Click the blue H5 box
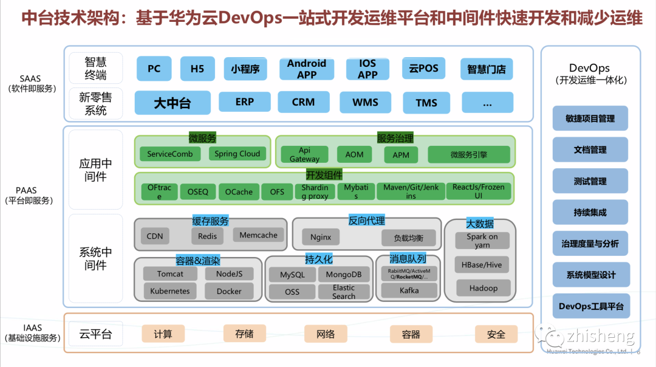(197, 69)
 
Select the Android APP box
(307, 69)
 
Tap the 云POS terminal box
(423, 69)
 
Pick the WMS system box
(365, 102)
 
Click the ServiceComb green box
(170, 154)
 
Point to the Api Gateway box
(304, 154)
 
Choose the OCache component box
(239, 192)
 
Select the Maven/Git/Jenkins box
(411, 192)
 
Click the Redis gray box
(207, 236)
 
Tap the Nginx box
(321, 237)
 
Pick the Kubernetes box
(170, 291)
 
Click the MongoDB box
(343, 275)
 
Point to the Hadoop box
(483, 288)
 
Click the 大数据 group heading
(480, 224)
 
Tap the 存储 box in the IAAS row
(244, 334)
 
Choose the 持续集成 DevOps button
(590, 213)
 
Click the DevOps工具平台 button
(590, 306)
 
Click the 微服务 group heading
(202, 139)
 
